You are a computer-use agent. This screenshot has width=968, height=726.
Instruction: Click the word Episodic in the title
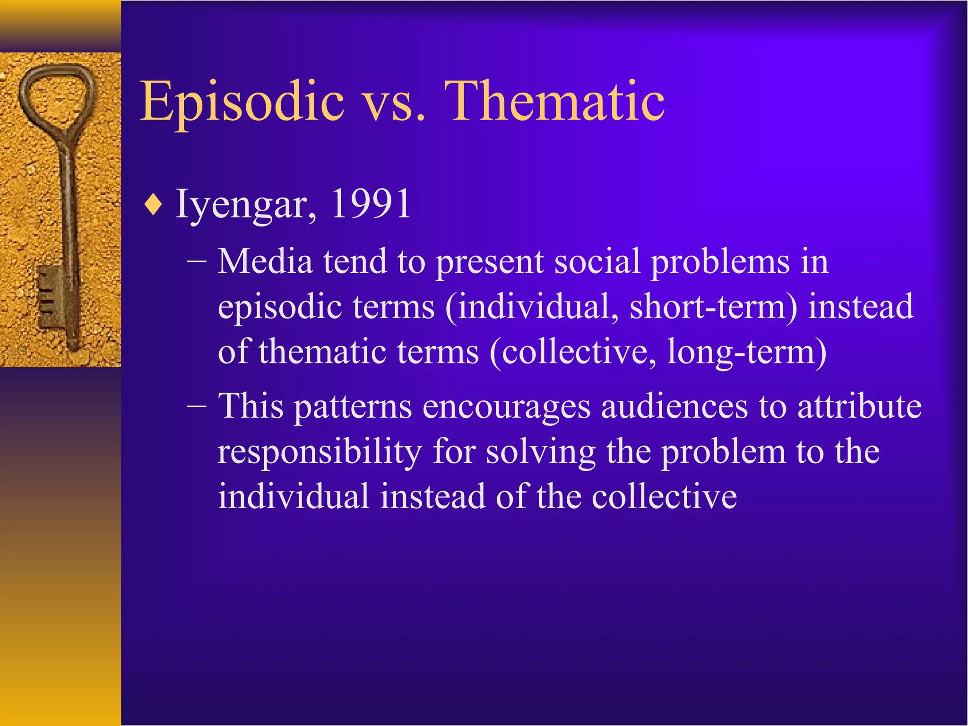pyautogui.click(x=242, y=102)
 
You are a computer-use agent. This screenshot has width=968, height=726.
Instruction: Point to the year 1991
pyautogui.click(x=371, y=204)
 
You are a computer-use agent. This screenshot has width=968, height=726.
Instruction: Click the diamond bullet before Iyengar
pyautogui.click(x=154, y=206)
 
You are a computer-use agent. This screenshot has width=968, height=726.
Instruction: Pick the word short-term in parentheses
pyautogui.click(x=713, y=307)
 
